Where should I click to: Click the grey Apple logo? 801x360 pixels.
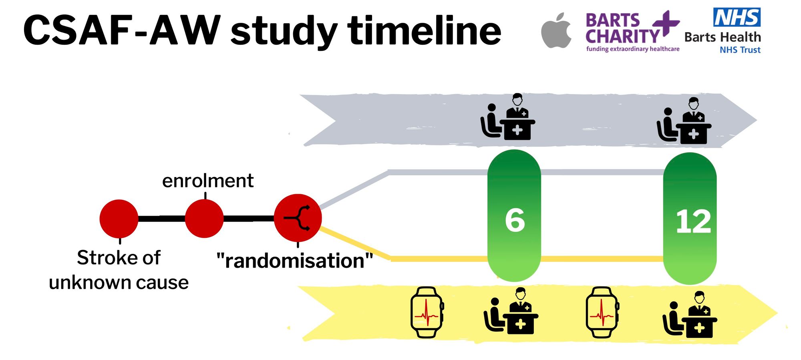point(556,31)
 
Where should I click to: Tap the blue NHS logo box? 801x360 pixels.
point(737,17)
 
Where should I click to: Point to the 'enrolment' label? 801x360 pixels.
point(207,181)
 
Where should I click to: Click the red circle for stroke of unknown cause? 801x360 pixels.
point(119,219)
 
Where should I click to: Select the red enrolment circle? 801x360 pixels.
point(204,219)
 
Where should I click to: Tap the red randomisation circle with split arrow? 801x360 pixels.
point(298,218)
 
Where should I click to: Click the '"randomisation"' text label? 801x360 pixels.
point(294,261)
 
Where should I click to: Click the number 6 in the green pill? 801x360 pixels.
point(515,220)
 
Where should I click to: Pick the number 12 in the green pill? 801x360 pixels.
point(693,221)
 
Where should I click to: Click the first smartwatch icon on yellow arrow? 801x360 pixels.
point(427,312)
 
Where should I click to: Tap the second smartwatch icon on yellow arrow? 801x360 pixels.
point(602,312)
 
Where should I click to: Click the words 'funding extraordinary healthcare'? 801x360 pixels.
point(633,49)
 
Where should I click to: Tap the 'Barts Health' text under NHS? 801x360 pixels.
point(723,37)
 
